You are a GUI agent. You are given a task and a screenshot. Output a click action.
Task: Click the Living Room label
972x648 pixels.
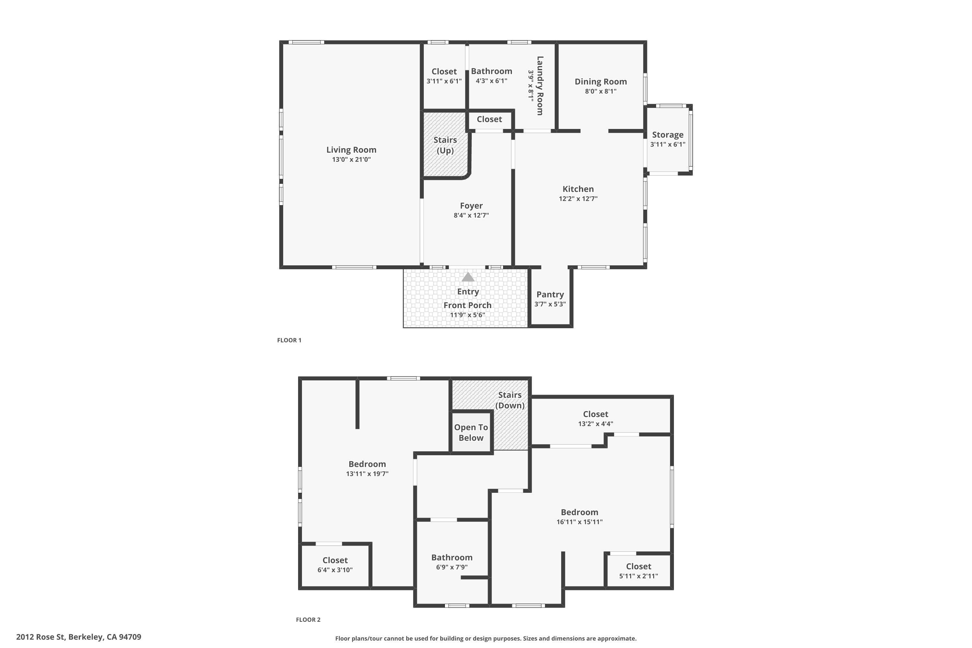pos(351,150)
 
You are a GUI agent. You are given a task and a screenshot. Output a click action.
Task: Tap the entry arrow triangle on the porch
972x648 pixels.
pos(468,277)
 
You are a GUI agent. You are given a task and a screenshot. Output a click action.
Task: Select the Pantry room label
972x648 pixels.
pos(550,294)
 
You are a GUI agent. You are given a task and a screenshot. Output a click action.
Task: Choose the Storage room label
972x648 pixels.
pos(668,135)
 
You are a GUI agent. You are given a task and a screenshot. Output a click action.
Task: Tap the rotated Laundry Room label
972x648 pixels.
pos(540,86)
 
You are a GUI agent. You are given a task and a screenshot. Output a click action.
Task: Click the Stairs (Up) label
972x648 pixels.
pos(445,145)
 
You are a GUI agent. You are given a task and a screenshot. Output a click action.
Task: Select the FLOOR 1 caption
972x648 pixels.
pos(289,340)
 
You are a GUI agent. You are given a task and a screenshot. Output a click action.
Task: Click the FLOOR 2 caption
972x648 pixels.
pos(308,619)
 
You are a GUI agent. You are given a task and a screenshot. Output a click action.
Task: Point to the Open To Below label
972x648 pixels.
pos(471,433)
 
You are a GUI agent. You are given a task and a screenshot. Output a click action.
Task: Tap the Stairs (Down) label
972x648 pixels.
pos(510,400)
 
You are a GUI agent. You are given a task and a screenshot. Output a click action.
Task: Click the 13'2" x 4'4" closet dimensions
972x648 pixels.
pos(596,423)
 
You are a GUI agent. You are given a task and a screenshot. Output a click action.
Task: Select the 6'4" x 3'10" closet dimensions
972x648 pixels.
pos(335,570)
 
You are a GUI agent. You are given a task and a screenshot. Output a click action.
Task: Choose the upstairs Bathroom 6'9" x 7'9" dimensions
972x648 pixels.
pos(452,567)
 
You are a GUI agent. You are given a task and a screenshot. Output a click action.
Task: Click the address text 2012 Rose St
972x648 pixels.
pos(41,637)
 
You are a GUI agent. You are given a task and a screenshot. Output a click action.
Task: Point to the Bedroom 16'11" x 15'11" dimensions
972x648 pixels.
pos(579,522)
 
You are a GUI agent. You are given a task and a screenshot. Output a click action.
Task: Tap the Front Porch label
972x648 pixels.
pos(468,305)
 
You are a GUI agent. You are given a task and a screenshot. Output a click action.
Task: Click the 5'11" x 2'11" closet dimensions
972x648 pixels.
pos(639,576)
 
